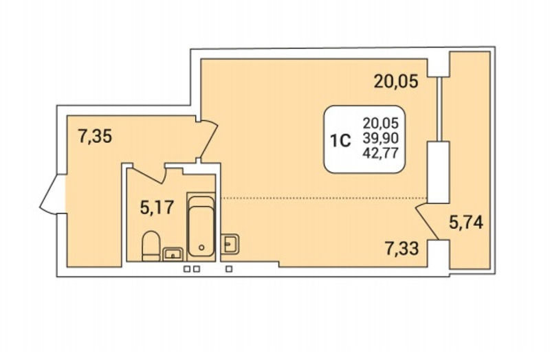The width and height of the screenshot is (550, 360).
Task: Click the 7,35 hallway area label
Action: click(95, 136)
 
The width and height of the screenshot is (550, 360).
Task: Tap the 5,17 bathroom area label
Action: click(157, 207)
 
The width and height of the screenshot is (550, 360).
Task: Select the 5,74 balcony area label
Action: click(466, 222)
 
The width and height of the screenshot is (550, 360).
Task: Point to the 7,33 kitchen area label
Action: click(401, 249)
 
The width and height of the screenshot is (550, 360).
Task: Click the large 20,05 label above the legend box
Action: click(396, 81)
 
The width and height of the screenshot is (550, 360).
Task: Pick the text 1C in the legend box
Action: click(340, 142)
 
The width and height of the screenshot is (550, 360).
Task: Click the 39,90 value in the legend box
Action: click(381, 139)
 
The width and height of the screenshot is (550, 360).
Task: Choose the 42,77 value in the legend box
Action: click(381, 153)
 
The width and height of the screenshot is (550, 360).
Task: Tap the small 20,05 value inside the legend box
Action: click(381, 124)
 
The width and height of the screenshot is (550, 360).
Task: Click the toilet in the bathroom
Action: click(151, 246)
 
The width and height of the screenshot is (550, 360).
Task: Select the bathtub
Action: click(201, 227)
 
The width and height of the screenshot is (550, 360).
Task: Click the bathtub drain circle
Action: click(201, 247)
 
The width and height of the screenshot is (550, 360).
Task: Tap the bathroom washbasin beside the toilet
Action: click(173, 254)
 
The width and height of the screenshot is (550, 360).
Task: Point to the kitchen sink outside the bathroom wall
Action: click(230, 243)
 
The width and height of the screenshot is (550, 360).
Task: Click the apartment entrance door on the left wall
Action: click(53, 194)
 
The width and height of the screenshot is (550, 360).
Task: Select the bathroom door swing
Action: click(147, 175)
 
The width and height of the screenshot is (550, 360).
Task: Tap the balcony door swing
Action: click(427, 221)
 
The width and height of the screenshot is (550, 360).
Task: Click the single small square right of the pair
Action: click(229, 269)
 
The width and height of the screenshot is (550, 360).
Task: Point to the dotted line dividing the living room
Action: click(324, 199)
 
